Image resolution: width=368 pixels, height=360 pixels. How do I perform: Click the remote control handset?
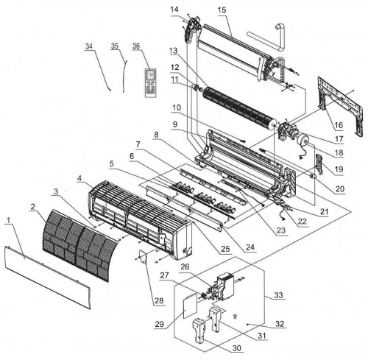[x=151, y=83]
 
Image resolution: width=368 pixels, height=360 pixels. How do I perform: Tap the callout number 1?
[x=9, y=220]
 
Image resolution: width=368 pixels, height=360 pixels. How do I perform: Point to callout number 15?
[x=222, y=10]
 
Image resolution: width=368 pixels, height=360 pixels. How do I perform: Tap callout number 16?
[x=339, y=125]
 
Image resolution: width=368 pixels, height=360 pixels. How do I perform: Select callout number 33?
[x=278, y=294]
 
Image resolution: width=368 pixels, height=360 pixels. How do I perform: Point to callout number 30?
[x=237, y=347]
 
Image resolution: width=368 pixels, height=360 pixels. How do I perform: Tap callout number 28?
[x=159, y=300]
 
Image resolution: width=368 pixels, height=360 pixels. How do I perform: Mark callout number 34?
[x=89, y=46]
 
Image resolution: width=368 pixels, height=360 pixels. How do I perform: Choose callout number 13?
[x=173, y=51]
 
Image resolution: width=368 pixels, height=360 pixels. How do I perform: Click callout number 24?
[x=250, y=247]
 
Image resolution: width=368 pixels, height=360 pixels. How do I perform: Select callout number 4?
[x=79, y=178]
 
